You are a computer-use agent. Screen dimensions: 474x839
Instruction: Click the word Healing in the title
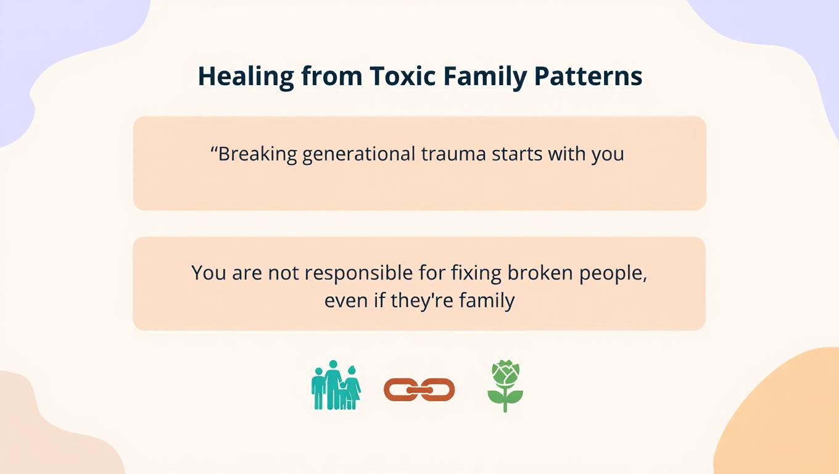246,77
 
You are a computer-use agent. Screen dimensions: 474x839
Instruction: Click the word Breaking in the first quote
258,154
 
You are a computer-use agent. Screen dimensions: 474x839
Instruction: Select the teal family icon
336,386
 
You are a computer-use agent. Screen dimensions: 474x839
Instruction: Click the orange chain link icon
419,389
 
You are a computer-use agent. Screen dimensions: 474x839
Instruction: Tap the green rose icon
505,386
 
